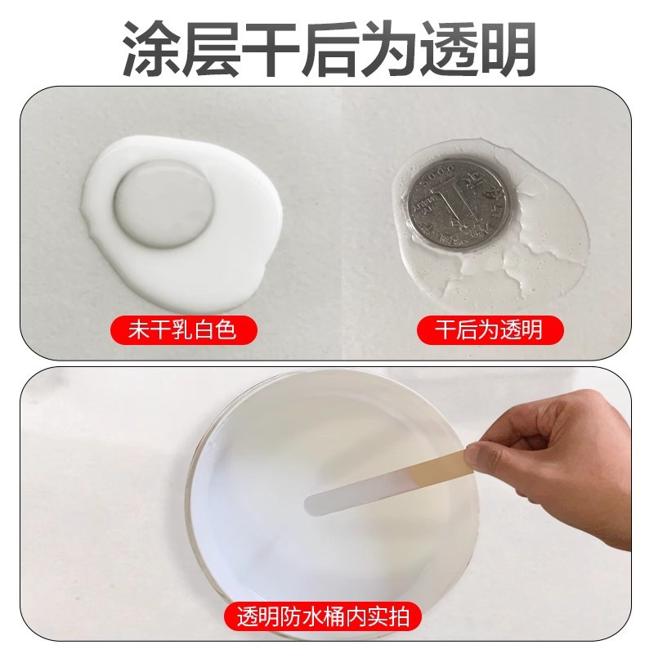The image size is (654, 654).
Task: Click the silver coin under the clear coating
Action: pos(459,200)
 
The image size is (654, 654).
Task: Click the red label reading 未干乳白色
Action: pos(183,330)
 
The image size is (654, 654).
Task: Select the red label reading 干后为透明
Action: pos(490,330)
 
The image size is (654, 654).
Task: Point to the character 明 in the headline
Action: pos(505,48)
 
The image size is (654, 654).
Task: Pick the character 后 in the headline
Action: pos(328,48)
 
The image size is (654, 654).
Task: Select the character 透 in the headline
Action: pos(446,48)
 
